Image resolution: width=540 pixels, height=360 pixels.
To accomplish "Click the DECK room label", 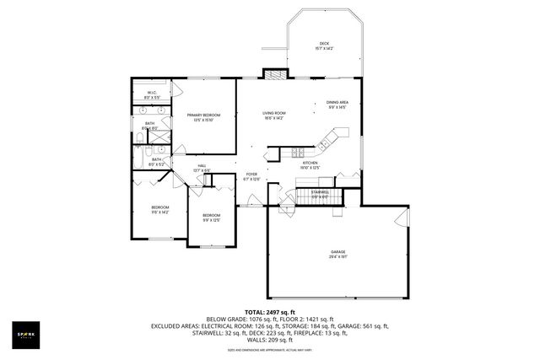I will tap(324, 46).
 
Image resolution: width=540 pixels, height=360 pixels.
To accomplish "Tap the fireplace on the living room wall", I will tap(272, 73).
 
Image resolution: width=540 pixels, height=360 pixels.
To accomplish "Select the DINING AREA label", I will tap(337, 104).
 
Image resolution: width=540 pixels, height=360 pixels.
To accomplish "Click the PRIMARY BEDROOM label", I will tap(203, 117).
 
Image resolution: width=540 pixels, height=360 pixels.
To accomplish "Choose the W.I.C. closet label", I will tap(152, 94).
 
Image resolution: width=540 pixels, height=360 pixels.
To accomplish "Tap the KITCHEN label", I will tap(321, 164).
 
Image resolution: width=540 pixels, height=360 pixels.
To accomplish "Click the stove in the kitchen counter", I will tap(297, 152).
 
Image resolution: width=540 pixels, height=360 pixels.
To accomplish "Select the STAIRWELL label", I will tap(320, 194).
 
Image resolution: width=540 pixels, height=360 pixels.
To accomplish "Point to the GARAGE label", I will tap(338, 254).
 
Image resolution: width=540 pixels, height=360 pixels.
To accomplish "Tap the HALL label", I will tap(202, 168).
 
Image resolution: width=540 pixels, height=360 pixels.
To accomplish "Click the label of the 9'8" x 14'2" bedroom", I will tap(160, 210).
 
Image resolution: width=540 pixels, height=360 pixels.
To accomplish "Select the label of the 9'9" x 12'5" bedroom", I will tap(211, 218).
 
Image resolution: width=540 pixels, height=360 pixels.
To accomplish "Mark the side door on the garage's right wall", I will tap(399, 221).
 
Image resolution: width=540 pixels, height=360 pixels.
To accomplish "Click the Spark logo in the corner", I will tap(28, 334).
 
